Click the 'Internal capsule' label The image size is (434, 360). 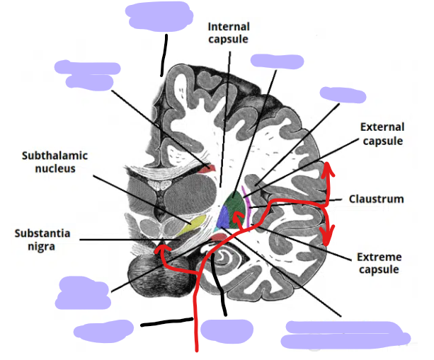228,33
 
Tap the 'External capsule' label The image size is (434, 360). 382,134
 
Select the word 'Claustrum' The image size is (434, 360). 376,199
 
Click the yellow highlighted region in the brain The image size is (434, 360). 191,226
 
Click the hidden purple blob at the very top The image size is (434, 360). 159,17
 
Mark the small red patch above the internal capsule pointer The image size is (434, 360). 205,169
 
